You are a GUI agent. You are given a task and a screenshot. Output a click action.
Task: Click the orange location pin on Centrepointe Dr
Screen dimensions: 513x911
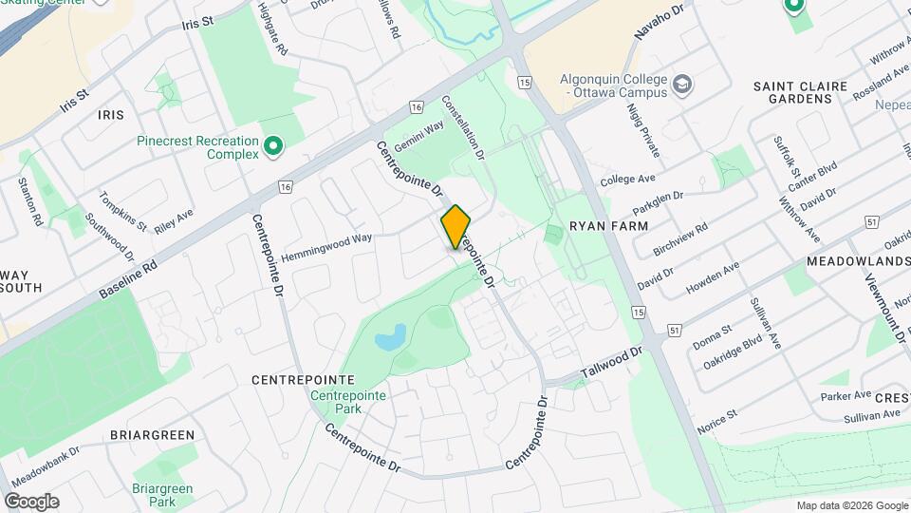click(455, 227)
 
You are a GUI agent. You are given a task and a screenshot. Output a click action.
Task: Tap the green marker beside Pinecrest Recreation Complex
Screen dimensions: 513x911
click(273, 146)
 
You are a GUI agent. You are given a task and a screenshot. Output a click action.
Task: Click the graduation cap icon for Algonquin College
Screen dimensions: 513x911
click(681, 85)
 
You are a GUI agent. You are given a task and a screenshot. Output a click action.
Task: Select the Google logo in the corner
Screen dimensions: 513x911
click(31, 502)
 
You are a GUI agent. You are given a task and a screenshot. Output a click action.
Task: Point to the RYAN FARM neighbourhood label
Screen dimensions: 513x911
click(608, 226)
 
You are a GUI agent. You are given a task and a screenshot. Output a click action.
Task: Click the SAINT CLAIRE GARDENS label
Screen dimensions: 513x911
click(800, 92)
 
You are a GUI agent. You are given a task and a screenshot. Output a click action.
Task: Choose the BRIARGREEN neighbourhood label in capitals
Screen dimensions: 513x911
click(152, 435)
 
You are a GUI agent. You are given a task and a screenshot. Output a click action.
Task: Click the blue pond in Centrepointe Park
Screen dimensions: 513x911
click(391, 337)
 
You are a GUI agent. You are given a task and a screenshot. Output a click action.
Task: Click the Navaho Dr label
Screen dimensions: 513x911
click(660, 22)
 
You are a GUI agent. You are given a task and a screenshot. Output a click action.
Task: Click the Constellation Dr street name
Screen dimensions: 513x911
click(464, 126)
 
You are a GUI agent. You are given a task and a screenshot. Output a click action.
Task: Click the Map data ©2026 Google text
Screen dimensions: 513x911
click(852, 505)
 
